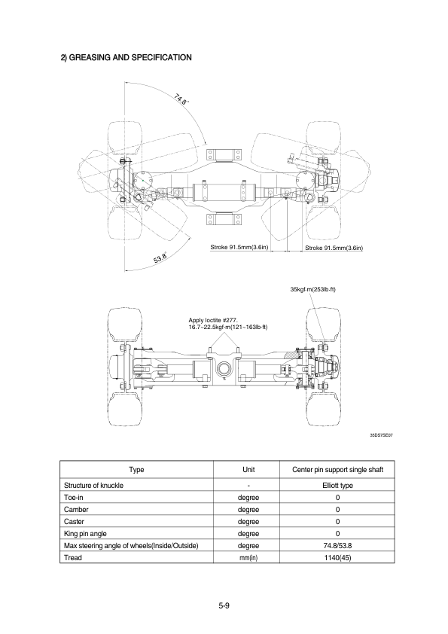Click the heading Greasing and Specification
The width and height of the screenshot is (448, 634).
(126, 57)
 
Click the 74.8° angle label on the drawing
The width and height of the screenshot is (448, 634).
(181, 99)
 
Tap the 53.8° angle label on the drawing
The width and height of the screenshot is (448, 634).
(161, 257)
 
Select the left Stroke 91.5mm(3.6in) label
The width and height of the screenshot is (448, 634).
(239, 247)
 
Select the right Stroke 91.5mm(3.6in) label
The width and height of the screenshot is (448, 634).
(334, 248)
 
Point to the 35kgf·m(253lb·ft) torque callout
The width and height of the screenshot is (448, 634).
(313, 289)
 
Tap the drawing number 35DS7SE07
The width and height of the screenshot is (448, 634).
(381, 435)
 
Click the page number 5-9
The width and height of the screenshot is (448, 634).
(224, 605)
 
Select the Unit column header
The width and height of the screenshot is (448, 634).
(248, 469)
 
